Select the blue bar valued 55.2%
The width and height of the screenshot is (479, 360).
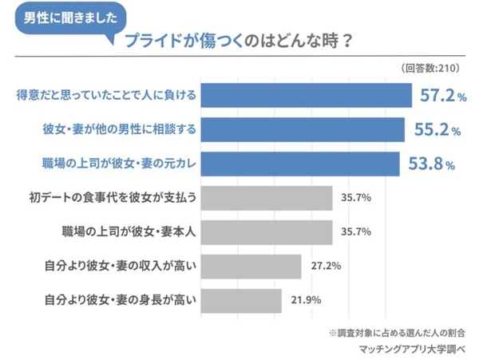pos(303,129)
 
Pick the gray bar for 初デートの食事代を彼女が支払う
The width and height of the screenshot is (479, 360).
pos(267,198)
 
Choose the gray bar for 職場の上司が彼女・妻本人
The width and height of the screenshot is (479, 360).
pos(267,232)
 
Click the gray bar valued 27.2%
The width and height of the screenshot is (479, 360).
pos(251,267)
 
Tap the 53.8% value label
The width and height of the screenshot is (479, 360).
pos(431,164)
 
